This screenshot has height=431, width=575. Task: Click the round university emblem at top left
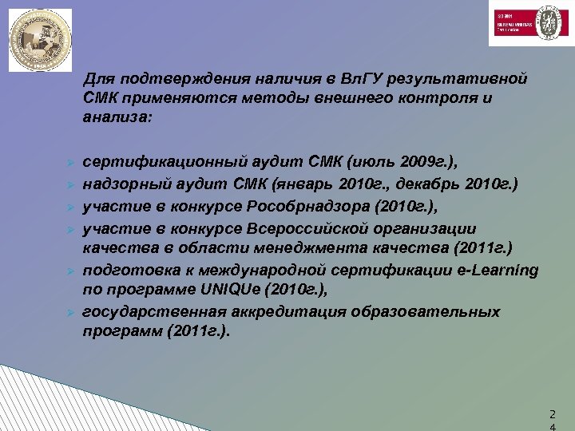tap(39, 40)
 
